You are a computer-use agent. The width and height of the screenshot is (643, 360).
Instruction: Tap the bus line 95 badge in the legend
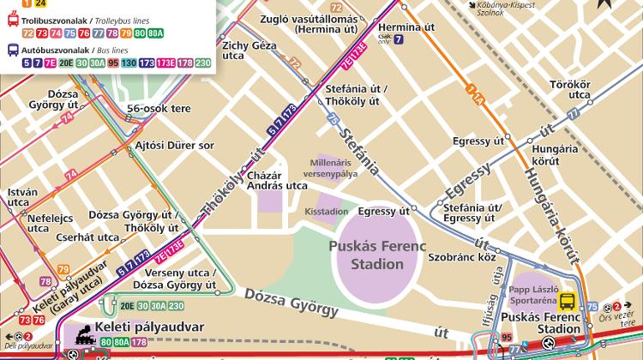(113, 63)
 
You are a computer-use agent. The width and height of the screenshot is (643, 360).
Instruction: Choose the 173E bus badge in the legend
(168, 63)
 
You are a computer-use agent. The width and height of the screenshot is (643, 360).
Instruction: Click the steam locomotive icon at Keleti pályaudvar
(84, 331)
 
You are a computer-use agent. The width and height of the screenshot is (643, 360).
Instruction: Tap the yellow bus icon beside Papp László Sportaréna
(567, 301)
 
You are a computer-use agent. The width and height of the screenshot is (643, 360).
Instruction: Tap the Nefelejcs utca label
(50, 223)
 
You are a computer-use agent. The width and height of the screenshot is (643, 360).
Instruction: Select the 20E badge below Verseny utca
(128, 305)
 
